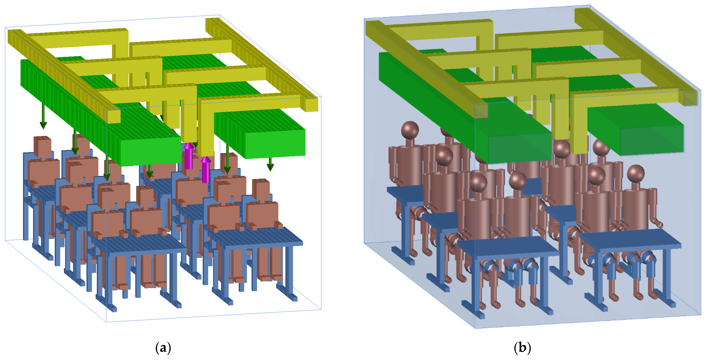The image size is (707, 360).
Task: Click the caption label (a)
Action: point(163,348)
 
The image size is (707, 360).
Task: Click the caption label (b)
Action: point(522,348)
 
